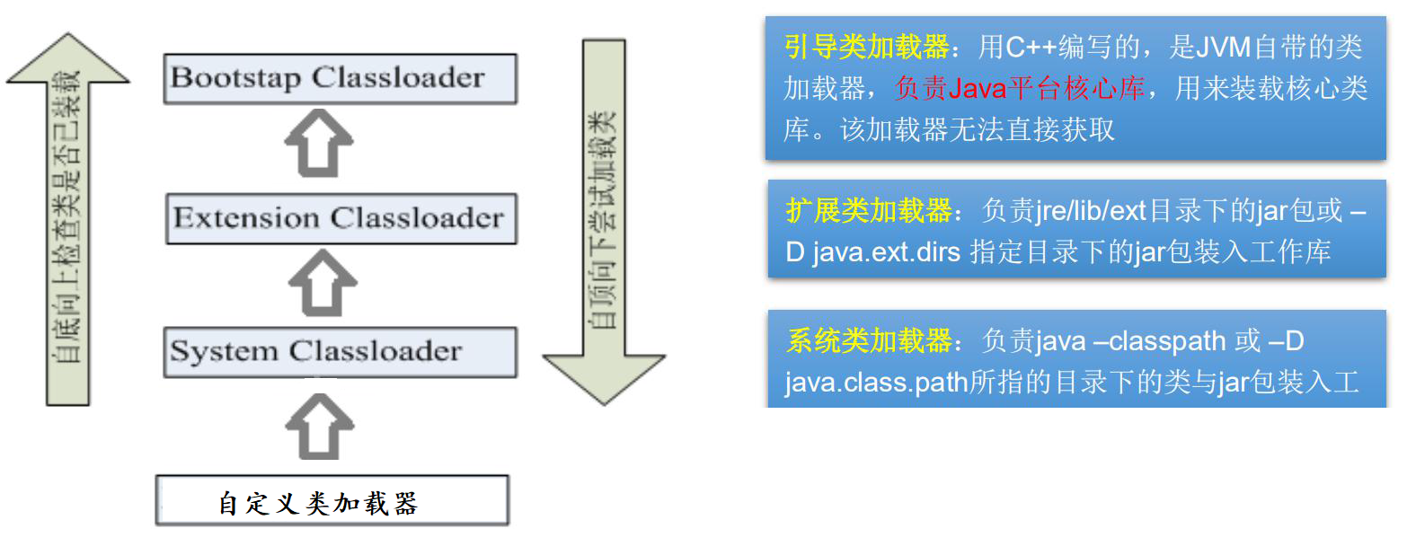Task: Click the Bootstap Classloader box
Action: coord(340,78)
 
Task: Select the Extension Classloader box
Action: coord(341,218)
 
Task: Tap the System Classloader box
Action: coord(340,351)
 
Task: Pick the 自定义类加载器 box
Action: coord(332,501)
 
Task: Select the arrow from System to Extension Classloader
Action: coord(322,283)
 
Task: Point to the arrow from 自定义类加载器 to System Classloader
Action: coord(319,427)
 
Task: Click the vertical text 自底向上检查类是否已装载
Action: coord(68,216)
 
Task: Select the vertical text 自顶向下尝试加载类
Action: coord(603,220)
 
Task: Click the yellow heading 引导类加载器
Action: coord(866,47)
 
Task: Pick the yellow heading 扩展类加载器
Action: coord(868,210)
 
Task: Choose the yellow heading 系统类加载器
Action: coord(868,341)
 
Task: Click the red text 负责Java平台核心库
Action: coord(1020,88)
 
